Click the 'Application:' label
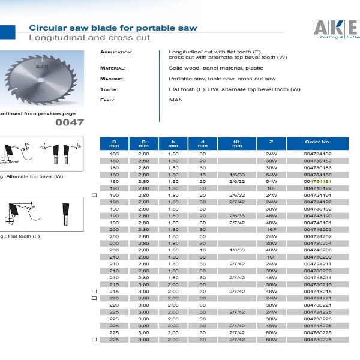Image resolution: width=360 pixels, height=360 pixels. pos(116,52)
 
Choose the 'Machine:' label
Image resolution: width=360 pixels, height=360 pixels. pos(112,79)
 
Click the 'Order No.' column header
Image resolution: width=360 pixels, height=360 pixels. pos(317,142)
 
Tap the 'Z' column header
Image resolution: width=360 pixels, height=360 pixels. pos(271,142)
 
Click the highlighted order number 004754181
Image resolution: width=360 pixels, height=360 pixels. pos(317,181)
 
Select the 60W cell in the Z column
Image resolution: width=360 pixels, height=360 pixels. pos(271,332)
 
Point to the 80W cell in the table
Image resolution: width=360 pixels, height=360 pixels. pos(271,339)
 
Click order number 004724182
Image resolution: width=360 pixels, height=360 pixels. pos(317,154)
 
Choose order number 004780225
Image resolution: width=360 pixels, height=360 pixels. pos(317,339)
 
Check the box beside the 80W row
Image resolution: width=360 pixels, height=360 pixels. pos(94,339)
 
